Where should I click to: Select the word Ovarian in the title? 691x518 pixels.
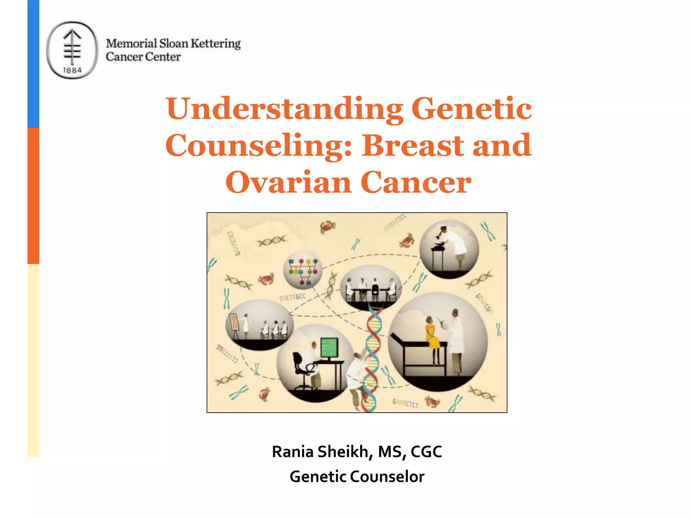pos(288,182)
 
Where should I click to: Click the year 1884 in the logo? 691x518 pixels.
pos(72,70)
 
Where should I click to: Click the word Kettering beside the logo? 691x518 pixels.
pos(215,44)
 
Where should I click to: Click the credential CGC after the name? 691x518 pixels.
pos(426,452)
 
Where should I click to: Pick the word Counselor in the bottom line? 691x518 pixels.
pos(387,477)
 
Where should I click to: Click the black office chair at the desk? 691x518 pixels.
pos(300,368)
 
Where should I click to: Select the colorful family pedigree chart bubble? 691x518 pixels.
pos(302,270)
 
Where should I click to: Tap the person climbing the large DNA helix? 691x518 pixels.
pos(358,378)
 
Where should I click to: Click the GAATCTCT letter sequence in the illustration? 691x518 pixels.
pos(405,403)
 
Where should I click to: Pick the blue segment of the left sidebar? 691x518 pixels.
pos(33,64)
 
